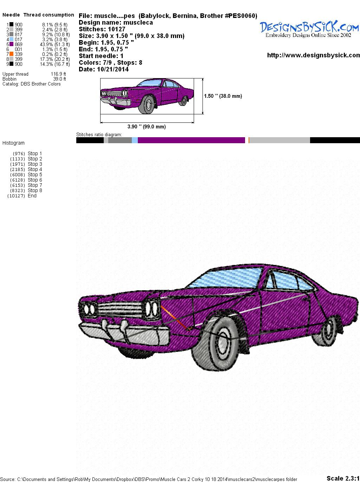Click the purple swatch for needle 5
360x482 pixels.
click(x=11, y=44)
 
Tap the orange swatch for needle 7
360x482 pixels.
click(x=11, y=54)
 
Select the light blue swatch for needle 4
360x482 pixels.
click(x=11, y=39)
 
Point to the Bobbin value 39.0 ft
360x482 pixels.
click(x=59, y=79)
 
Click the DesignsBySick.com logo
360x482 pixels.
click(x=309, y=29)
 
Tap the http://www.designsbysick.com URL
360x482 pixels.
click(x=314, y=55)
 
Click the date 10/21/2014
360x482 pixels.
click(x=113, y=69)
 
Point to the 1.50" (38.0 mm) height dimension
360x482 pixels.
click(x=223, y=96)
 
